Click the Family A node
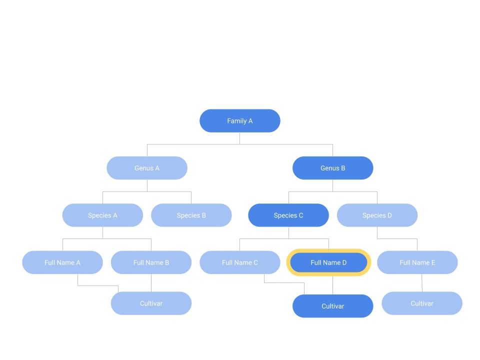coord(239,121)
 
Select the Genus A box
coord(147,168)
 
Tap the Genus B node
coord(333,168)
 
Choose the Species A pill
coord(102,215)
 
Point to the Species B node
coord(191,215)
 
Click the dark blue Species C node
coord(288,215)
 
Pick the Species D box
coord(377,215)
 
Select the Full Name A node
coord(62,262)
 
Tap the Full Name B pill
coord(151,262)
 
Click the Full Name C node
coord(239,262)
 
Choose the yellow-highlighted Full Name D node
coord(328,262)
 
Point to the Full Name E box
coord(417,262)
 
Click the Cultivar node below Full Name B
coord(151,303)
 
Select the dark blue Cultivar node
coord(333,306)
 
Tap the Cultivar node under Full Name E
coord(422,303)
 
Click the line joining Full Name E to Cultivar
coord(422,283)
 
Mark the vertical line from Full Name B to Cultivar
coord(151,283)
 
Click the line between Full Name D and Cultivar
coord(333,285)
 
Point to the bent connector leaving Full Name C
coord(284,282)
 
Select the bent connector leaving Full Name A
coord(98,285)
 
